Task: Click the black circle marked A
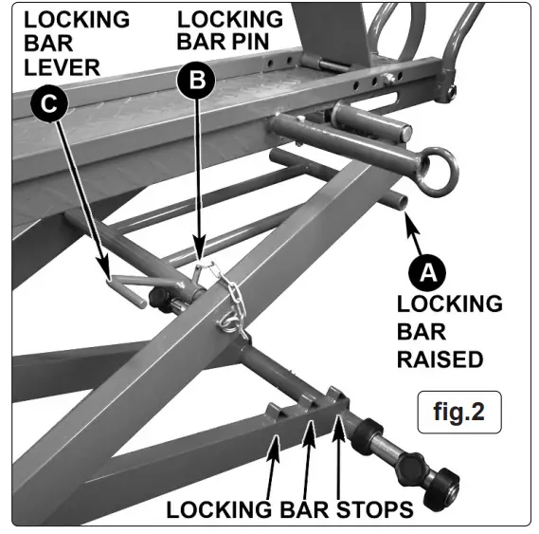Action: tap(428, 272)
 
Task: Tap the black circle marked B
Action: tap(197, 82)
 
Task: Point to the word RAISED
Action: tap(440, 359)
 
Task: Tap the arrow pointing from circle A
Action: tap(412, 232)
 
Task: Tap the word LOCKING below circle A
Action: tap(449, 304)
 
